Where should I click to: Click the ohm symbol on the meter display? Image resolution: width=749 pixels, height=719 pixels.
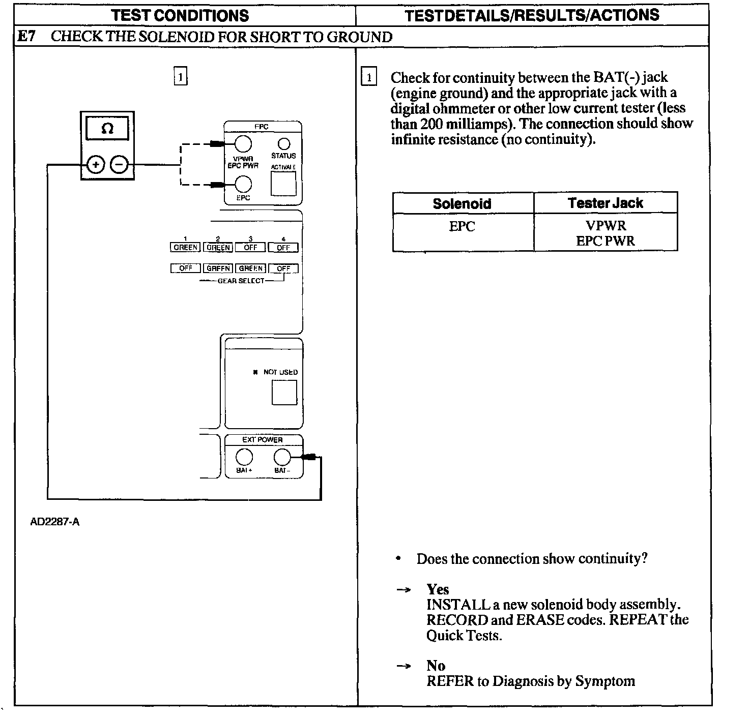pos(107,129)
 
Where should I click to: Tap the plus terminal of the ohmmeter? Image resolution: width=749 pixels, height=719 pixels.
pos(95,165)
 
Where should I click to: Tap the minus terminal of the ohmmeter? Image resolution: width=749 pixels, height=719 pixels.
pos(119,165)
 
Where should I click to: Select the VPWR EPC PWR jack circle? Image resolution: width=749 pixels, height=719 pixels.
pos(243,144)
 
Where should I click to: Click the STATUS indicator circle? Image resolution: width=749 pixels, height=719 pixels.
pos(283,144)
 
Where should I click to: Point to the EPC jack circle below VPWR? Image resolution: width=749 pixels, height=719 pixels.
pos(243,184)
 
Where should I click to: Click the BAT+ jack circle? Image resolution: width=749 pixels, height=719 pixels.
pos(244,457)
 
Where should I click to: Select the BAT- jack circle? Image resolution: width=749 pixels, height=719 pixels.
pos(282,457)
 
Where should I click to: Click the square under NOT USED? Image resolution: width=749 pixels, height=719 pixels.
pos(284,392)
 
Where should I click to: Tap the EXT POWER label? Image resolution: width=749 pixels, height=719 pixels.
pos(263,440)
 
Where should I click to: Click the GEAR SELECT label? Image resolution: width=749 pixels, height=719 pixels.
pos(241,281)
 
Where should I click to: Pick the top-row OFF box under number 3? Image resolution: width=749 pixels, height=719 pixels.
pos(250,248)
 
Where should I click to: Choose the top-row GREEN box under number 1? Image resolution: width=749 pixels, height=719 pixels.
pos(185,248)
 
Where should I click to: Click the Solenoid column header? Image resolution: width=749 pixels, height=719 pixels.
pos(462,203)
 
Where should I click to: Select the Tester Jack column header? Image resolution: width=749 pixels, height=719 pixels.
pos(606,203)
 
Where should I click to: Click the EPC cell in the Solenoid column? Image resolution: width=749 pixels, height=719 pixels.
pos(462,226)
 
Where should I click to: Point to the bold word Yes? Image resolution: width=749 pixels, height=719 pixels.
pos(438,589)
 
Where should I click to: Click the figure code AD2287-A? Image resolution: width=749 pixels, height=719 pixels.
pos(55,522)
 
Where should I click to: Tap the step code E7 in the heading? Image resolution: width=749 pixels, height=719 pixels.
pos(26,37)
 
